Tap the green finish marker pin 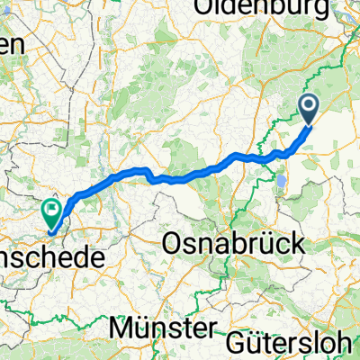tap(51, 213)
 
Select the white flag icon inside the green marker tap(51, 211)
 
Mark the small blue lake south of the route tap(282, 181)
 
